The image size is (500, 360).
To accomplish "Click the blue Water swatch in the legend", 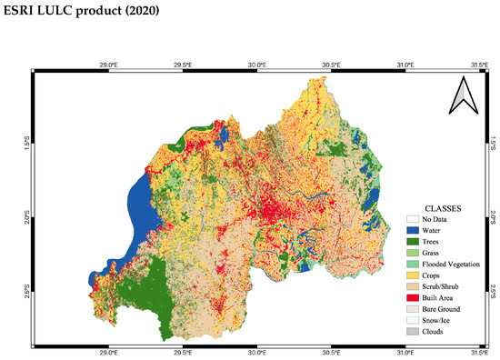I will (413, 230).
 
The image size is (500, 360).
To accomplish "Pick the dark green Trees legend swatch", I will (413, 242).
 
